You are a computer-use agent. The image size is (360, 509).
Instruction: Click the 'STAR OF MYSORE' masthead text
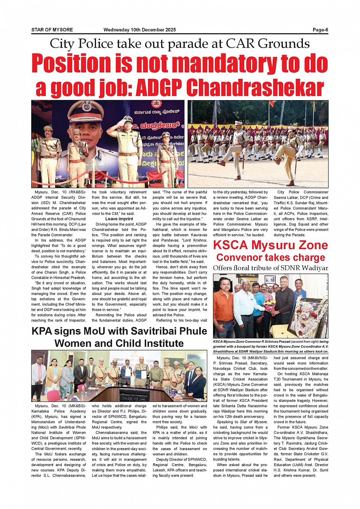tap(52, 30)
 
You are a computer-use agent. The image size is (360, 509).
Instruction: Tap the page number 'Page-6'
tap(320, 30)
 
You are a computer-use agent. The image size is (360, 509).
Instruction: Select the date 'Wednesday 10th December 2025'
tap(139, 30)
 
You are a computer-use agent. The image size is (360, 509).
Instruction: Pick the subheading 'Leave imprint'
tap(119, 219)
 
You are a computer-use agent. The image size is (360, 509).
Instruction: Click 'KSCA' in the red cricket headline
tap(232, 245)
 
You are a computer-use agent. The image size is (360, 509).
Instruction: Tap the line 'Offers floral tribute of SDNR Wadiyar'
tap(270, 268)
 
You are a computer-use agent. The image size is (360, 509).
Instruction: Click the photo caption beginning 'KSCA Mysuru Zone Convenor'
tap(270, 346)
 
